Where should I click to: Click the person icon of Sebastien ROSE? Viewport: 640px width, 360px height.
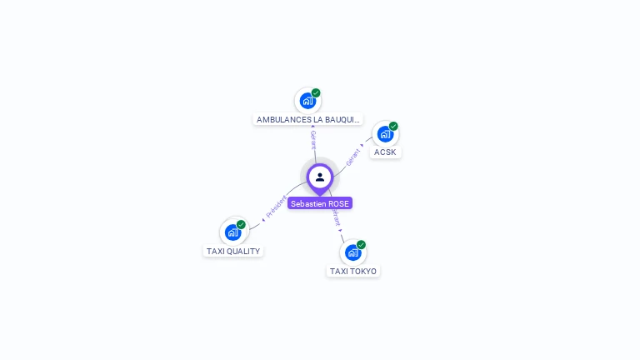coord(320,177)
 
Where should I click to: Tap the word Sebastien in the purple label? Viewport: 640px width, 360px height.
coord(308,203)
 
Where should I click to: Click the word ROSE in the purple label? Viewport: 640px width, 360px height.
coord(338,203)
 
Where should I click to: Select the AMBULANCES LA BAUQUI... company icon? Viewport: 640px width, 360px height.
coord(307,101)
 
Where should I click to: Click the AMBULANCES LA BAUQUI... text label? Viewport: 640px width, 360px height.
coord(308,120)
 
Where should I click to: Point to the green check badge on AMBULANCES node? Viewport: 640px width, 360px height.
coord(316,92)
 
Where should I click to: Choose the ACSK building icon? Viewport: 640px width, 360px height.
coord(384,133)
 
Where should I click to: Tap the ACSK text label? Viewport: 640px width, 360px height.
coord(385,152)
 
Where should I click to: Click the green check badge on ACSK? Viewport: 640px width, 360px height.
coord(393,126)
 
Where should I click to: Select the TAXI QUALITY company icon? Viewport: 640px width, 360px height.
coord(232,232)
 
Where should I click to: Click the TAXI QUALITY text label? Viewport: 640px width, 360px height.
coord(233,251)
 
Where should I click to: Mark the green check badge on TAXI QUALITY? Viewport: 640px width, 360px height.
coord(241,224)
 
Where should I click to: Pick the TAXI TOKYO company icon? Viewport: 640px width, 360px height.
coord(352,252)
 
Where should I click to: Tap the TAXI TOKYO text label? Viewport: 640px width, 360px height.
coord(353,271)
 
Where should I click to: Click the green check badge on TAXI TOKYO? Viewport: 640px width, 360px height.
coord(361,244)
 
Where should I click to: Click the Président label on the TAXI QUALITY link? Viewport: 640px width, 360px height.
coord(276,207)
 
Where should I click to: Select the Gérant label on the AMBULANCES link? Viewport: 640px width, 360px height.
coord(313,139)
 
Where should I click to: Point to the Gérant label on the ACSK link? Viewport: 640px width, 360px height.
coord(353,154)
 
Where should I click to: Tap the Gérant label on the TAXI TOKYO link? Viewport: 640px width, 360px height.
coord(336,218)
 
